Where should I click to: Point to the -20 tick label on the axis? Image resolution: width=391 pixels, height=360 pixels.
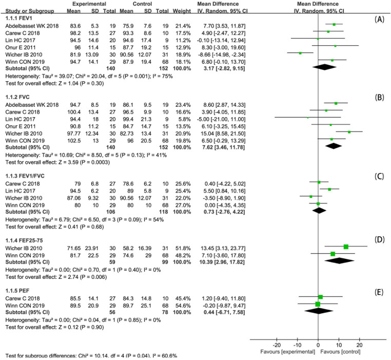276,330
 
